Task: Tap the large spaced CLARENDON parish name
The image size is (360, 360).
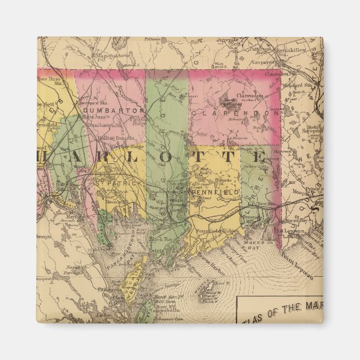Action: tap(234, 113)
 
